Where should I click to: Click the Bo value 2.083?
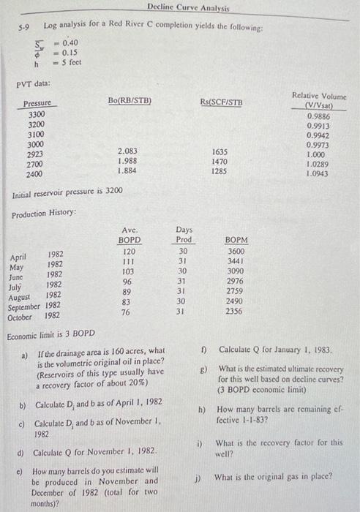pos(129,151)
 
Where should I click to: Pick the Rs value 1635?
pos(220,151)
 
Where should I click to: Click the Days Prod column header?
pos(184,235)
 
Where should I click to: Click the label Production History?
pos(42,214)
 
